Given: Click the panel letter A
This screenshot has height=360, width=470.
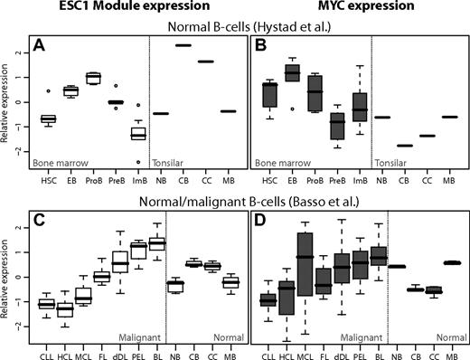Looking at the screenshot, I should [x=38, y=43].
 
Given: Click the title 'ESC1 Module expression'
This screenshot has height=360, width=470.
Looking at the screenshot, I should [x=124, y=8].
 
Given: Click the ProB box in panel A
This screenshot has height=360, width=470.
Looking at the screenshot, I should [x=91, y=78].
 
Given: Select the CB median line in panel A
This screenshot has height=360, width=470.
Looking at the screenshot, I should [x=183, y=45].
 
